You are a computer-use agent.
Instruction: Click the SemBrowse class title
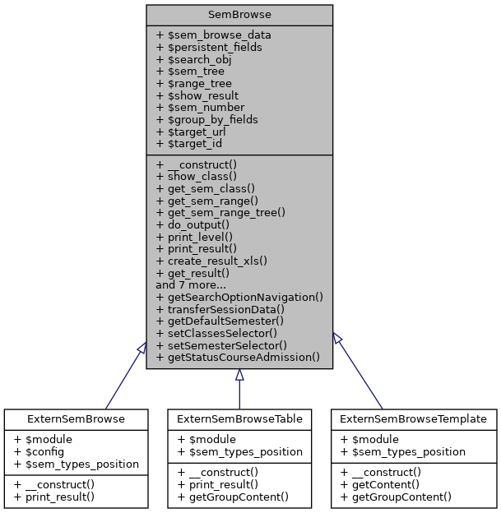(239, 15)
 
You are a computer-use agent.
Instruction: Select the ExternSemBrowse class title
(76, 418)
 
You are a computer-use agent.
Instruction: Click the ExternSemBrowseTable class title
(239, 418)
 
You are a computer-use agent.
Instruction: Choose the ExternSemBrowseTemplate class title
(415, 418)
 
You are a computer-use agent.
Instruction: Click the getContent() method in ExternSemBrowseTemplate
(385, 484)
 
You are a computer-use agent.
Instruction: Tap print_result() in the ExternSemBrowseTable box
(216, 484)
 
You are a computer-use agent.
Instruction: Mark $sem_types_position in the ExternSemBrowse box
(76, 464)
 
